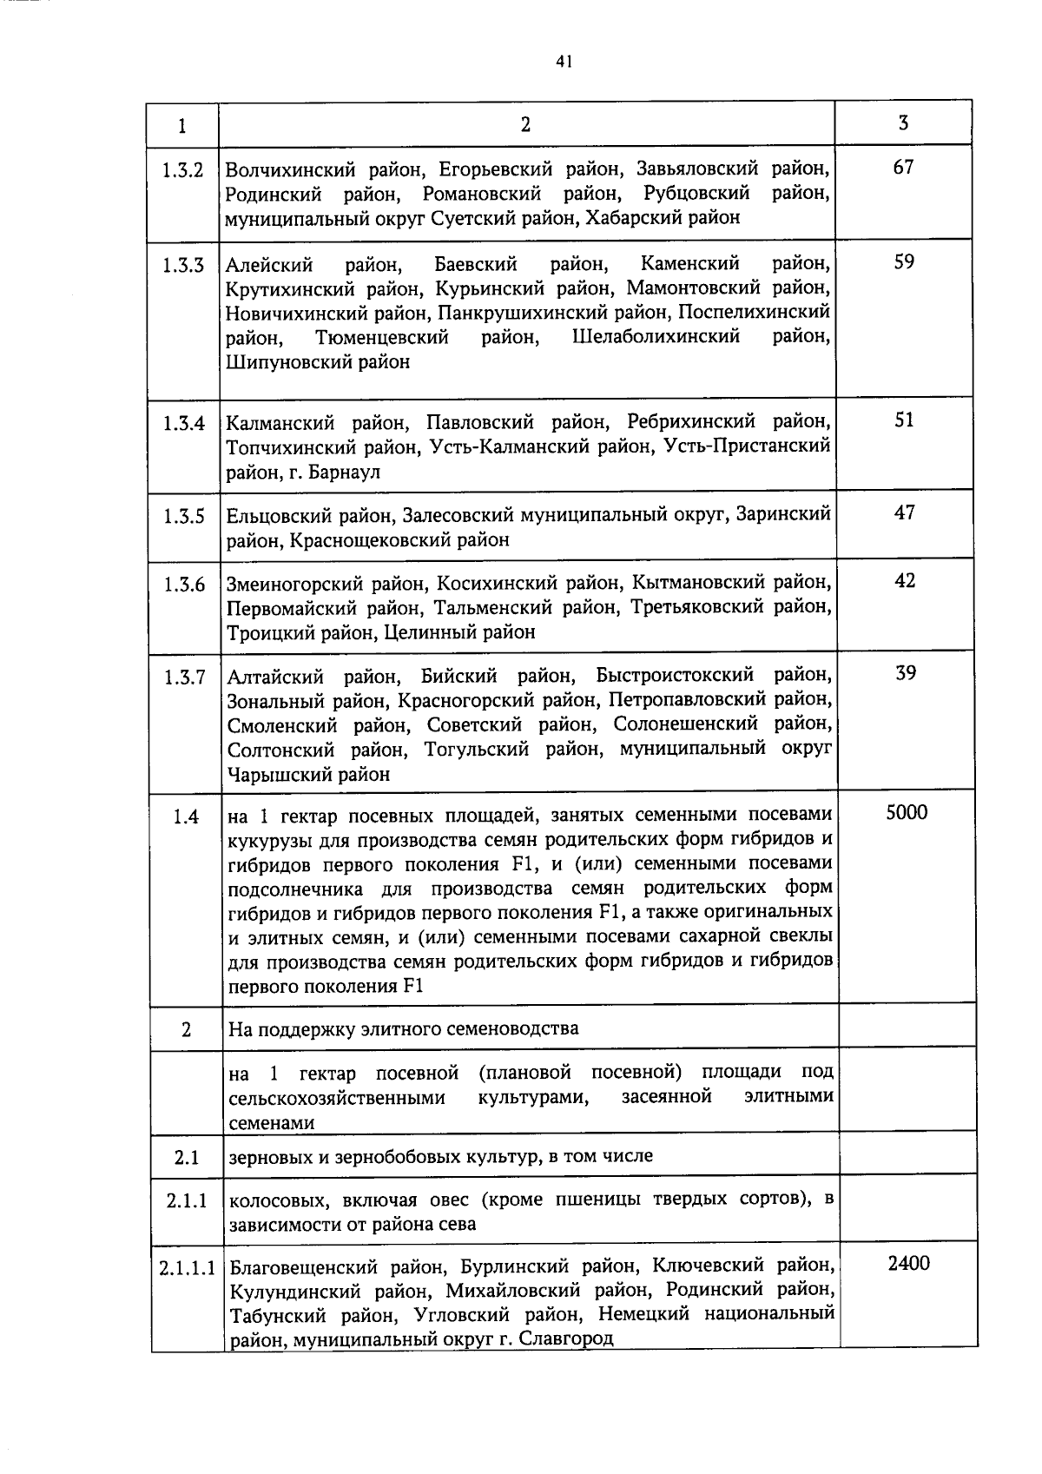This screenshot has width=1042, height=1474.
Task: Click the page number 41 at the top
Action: pos(564,61)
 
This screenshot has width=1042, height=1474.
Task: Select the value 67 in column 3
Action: pos(903,167)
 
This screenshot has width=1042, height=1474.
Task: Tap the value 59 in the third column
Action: pos(904,261)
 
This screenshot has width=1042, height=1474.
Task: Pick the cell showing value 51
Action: pos(904,420)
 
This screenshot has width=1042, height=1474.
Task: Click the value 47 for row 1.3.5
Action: pos(905,512)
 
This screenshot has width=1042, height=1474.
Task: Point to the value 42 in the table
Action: pos(905,580)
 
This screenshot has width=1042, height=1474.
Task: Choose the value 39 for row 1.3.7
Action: pos(906,673)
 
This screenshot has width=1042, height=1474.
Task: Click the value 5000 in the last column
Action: pos(907,812)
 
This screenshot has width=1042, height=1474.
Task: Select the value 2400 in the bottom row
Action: pos(908,1263)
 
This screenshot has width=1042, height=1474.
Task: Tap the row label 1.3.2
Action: pos(182,169)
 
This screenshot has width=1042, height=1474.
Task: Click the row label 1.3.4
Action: pos(184,423)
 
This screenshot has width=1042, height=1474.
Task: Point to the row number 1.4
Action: pos(186,816)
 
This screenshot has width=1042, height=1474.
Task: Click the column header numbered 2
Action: pos(525,124)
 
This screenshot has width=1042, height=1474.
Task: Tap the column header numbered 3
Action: pos(903,122)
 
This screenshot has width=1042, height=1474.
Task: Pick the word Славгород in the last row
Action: pos(566,1338)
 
